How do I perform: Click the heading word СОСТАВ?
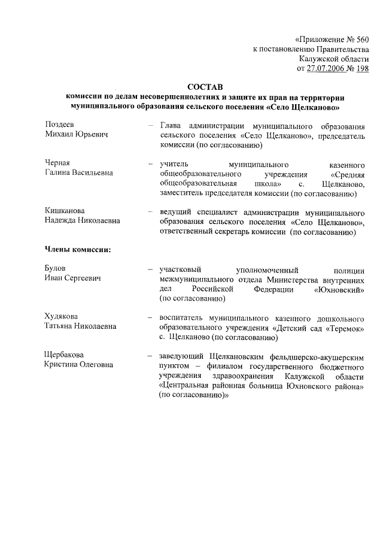(205, 87)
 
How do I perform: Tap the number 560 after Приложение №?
(360, 40)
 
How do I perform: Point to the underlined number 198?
(361, 69)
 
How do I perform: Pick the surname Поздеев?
(60, 125)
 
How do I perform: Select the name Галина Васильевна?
(78, 172)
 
